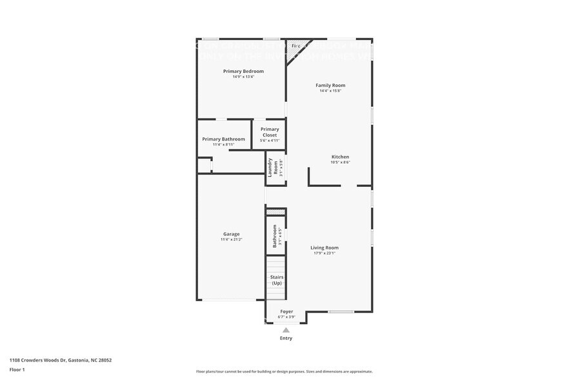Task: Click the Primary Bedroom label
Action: (x=243, y=71)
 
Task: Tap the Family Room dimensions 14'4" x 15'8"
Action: (x=330, y=91)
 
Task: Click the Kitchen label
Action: (x=340, y=157)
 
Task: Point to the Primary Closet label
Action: (x=270, y=132)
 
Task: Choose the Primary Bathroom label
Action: (x=223, y=139)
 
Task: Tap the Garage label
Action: (x=231, y=234)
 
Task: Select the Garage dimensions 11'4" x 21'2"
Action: (x=231, y=240)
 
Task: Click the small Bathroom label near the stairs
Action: (x=275, y=235)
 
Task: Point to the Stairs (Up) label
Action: (x=276, y=280)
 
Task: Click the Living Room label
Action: (x=324, y=248)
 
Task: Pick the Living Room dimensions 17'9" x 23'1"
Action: (x=324, y=253)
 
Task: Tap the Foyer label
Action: (x=286, y=311)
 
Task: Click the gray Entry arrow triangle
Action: (x=286, y=330)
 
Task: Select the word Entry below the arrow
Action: (x=286, y=338)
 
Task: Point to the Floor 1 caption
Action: (x=17, y=369)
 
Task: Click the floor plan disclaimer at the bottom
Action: (x=284, y=371)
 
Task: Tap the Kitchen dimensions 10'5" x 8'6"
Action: (x=340, y=162)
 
